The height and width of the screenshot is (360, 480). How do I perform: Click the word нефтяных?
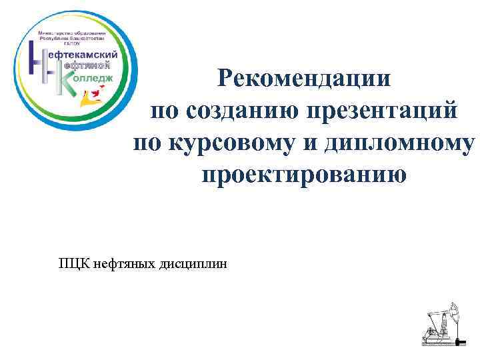pyautogui.click(x=124, y=265)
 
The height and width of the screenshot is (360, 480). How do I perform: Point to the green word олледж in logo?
pyautogui.click(x=93, y=79)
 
